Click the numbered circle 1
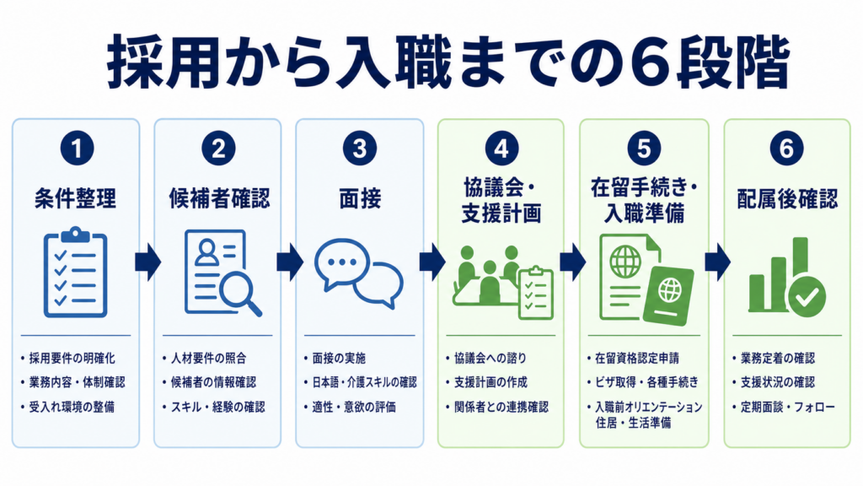pyautogui.click(x=77, y=148)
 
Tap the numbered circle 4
pyautogui.click(x=501, y=148)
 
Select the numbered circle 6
pyautogui.click(x=786, y=148)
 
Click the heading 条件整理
pyautogui.click(x=75, y=198)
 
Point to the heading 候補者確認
pyautogui.click(x=219, y=198)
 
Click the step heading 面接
pyautogui.click(x=360, y=198)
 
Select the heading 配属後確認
pyautogui.click(x=787, y=198)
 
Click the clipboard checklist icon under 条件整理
pyautogui.click(x=75, y=273)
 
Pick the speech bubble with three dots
pyautogui.click(x=342, y=263)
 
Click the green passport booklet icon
pyautogui.click(x=668, y=296)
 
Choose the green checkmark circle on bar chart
pyautogui.click(x=807, y=298)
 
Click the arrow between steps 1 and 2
pyautogui.click(x=148, y=262)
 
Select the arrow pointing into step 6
pyautogui.click(x=718, y=262)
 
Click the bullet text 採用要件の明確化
pyautogui.click(x=72, y=359)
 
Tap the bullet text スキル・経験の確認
pyautogui.click(x=218, y=408)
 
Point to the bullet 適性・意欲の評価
pyautogui.click(x=354, y=408)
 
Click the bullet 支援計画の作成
pyautogui.click(x=491, y=382)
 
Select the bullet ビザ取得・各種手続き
pyautogui.click(x=646, y=382)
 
